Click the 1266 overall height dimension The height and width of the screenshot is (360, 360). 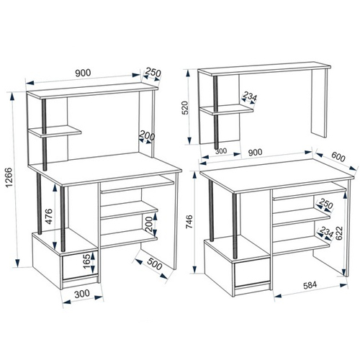9,178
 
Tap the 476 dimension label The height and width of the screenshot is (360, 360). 49,216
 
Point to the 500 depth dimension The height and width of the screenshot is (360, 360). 154,264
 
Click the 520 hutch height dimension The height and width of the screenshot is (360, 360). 186,107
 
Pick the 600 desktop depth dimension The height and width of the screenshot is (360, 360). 338,157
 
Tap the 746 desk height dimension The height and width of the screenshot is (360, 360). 189,222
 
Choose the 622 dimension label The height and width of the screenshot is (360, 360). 339,233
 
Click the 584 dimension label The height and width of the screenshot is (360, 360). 310,285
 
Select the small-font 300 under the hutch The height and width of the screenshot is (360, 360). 221,151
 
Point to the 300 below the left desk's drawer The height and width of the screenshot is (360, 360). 82,294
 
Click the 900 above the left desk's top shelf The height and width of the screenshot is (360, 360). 83,73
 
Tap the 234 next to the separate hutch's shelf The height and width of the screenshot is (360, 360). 250,96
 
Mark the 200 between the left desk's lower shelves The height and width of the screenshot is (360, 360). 149,224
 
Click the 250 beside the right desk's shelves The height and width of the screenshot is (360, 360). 325,204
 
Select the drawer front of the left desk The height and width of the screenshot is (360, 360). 80,265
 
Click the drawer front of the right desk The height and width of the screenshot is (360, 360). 252,272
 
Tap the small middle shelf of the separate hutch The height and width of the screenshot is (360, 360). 227,109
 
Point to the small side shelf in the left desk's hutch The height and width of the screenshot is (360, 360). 55,131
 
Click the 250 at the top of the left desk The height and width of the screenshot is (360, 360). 153,73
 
